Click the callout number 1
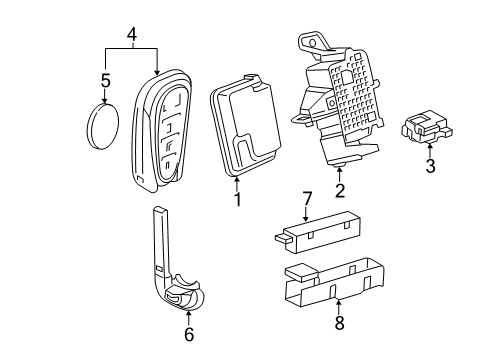236,199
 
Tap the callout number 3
430,167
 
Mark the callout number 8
337,322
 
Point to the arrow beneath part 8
337,306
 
